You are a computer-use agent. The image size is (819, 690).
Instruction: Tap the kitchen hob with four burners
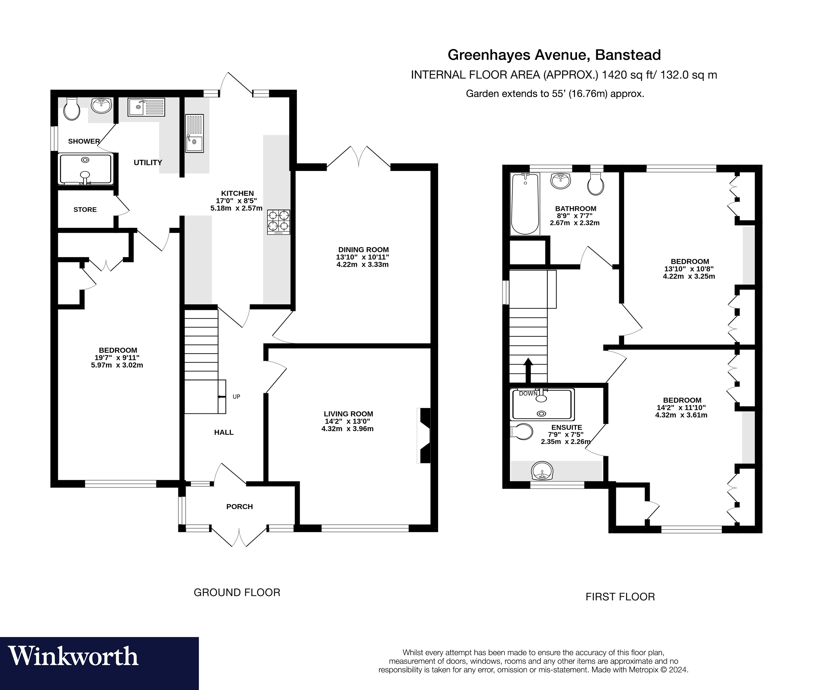(x=279, y=222)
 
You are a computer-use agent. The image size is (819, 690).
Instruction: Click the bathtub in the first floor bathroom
(x=525, y=204)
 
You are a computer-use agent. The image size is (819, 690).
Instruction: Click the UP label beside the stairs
(x=236, y=397)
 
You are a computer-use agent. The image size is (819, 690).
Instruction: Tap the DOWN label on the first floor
(x=528, y=394)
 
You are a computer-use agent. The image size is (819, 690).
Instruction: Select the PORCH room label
(x=239, y=506)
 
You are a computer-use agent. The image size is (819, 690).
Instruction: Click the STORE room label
(x=85, y=210)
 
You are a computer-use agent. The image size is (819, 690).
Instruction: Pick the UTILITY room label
(x=148, y=162)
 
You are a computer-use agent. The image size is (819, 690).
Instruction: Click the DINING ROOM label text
(x=363, y=250)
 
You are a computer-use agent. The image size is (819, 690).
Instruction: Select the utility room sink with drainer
(x=146, y=107)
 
